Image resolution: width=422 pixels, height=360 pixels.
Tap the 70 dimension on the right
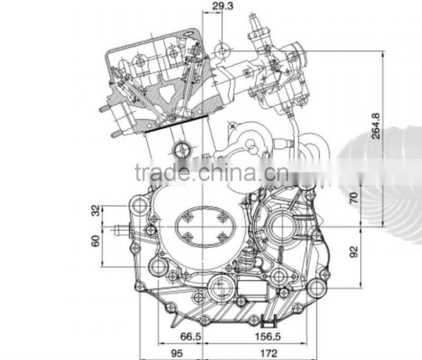click(354, 198)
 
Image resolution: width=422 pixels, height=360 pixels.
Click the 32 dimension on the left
click(95, 211)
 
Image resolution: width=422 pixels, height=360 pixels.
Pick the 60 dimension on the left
click(95, 241)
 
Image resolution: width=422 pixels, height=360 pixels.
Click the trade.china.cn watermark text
click(211, 172)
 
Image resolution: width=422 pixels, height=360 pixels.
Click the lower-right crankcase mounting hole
click(317, 287)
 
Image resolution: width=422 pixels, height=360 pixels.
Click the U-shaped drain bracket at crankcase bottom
click(270, 319)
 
